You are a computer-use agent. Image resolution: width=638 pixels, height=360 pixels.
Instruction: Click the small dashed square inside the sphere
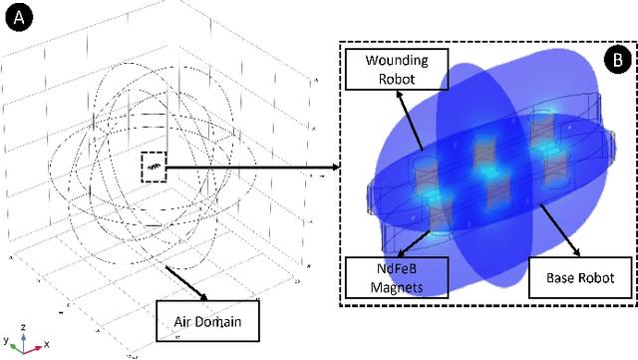[x=153, y=166]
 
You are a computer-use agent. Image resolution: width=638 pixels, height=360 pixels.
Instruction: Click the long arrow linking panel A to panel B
[x=250, y=168]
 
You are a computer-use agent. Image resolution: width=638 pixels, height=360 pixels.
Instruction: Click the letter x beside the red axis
[x=46, y=343]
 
